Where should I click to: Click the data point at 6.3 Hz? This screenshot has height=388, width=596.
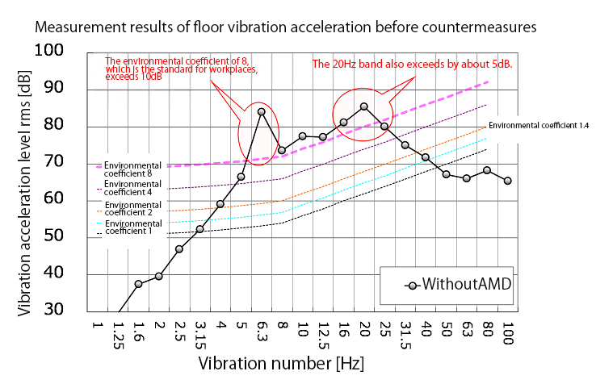[x=261, y=112]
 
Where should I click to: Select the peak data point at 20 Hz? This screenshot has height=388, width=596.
[x=364, y=106]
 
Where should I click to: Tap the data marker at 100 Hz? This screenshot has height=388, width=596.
[x=507, y=181]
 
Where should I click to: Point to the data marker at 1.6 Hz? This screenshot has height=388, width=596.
[x=139, y=284]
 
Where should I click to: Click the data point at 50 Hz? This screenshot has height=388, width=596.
[x=446, y=174]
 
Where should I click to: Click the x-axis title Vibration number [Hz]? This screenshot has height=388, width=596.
[x=282, y=362]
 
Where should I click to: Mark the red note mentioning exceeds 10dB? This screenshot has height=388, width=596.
[x=182, y=69]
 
